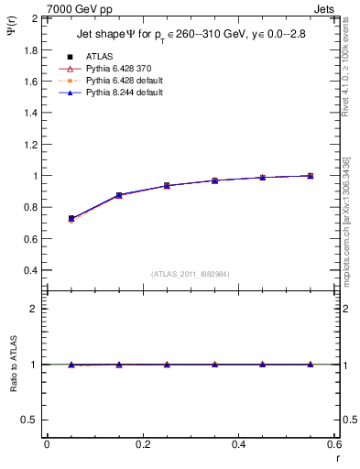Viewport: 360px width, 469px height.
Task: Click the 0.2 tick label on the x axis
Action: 143,445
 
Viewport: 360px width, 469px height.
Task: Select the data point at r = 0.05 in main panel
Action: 71,219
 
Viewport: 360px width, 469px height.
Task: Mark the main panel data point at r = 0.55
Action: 311,175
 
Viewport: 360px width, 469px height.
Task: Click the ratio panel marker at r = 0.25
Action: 167,365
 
